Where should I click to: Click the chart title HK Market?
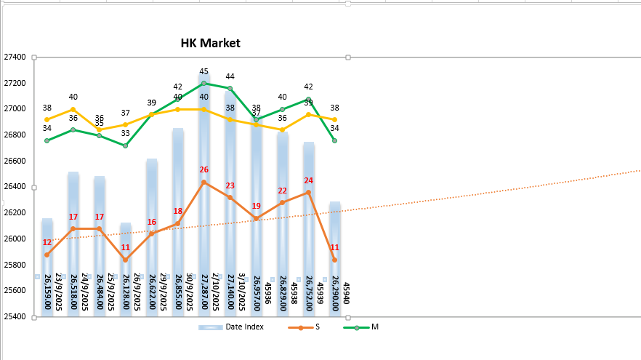coord(210,44)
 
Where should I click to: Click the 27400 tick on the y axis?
coord(15,57)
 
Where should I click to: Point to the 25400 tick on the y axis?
coord(15,317)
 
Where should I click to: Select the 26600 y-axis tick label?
coord(15,161)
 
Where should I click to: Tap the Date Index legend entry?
coord(244,327)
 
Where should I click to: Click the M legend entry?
coord(374,327)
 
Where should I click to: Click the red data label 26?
coord(204,169)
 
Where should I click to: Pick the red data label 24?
coord(308,180)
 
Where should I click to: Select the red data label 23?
coord(230,186)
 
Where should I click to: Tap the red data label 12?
coord(47,243)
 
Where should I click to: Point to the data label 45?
coord(204,72)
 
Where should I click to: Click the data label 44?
coord(230,76)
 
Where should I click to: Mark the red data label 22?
coord(282,191)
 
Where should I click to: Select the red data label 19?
coord(256,207)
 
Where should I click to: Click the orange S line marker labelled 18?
coord(178,223)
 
